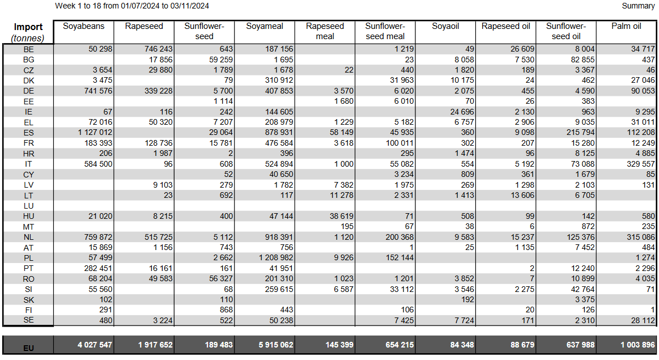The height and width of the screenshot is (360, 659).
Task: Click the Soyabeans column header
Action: [x=84, y=26]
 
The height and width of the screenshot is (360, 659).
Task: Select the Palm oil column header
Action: [x=626, y=26]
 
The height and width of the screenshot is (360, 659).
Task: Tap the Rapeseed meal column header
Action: [x=325, y=31]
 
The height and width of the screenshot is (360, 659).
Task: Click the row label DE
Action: [x=28, y=91]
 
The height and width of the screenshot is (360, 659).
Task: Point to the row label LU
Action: [x=28, y=206]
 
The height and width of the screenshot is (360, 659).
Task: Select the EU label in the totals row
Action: [x=28, y=348]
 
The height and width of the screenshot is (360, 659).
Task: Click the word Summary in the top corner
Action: [x=638, y=6]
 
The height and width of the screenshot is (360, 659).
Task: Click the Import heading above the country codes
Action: [x=28, y=27]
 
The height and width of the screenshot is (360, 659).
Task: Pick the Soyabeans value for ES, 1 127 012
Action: [x=95, y=133]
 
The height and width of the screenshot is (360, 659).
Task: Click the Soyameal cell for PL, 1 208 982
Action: [x=276, y=257]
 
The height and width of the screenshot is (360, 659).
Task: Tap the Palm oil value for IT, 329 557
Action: [x=640, y=164]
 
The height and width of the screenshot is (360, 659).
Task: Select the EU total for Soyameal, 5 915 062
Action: [x=276, y=345]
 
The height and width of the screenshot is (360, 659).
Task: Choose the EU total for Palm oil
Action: [x=637, y=345]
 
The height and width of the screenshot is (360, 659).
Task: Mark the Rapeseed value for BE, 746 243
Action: [x=159, y=49]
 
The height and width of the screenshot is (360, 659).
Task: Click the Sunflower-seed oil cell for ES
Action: [x=580, y=133]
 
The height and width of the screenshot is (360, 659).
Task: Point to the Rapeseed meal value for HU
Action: [x=342, y=216]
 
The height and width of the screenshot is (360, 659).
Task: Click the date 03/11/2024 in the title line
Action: [x=190, y=6]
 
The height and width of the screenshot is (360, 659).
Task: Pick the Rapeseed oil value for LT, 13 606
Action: [x=522, y=195]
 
